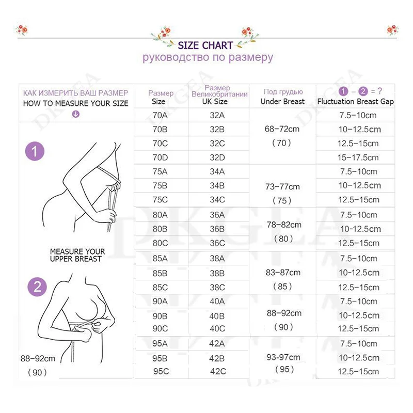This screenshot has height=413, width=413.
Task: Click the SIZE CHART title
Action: click(x=205, y=45)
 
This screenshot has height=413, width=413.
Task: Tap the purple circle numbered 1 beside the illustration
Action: click(x=35, y=152)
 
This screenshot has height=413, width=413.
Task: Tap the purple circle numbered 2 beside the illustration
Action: click(x=37, y=287)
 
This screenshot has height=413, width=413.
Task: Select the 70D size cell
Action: click(x=159, y=157)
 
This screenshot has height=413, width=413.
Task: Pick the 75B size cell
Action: click(x=159, y=185)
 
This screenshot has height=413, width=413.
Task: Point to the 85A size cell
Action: click(x=159, y=259)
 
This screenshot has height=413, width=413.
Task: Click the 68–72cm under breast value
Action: click(x=282, y=129)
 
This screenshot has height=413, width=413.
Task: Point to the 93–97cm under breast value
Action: click(x=282, y=356)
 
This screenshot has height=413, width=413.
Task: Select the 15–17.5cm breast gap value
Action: click(x=358, y=157)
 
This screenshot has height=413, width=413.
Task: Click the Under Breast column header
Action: click(x=282, y=101)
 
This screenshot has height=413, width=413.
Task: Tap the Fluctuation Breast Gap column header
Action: click(x=356, y=101)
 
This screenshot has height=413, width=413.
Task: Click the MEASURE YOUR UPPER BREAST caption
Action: click(x=76, y=255)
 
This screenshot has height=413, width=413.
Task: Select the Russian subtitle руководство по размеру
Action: click(x=208, y=57)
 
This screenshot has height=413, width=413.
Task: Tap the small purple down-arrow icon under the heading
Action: click(x=76, y=114)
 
